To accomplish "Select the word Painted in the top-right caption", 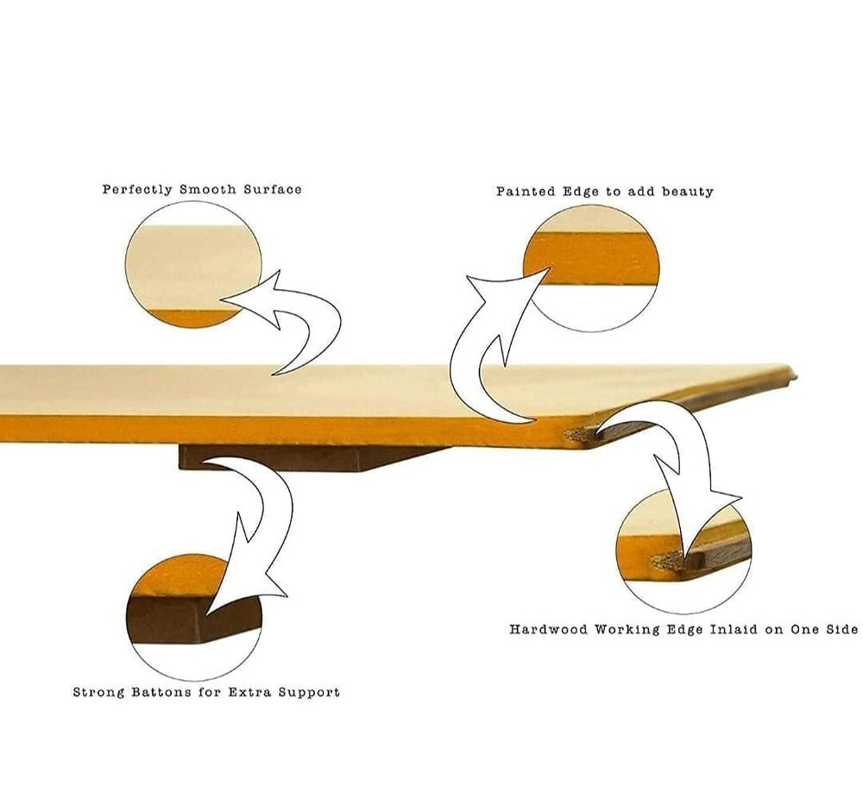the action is click(526, 192).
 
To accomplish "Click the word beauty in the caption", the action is click(688, 192).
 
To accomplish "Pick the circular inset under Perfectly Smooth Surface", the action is click(193, 264).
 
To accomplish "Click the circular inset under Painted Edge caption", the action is click(591, 268).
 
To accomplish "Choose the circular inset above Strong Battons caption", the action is click(193, 618).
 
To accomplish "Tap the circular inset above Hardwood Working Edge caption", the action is click(683, 551).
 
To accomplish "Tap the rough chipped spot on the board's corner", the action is click(578, 436).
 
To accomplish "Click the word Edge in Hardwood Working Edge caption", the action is click(684, 630).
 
